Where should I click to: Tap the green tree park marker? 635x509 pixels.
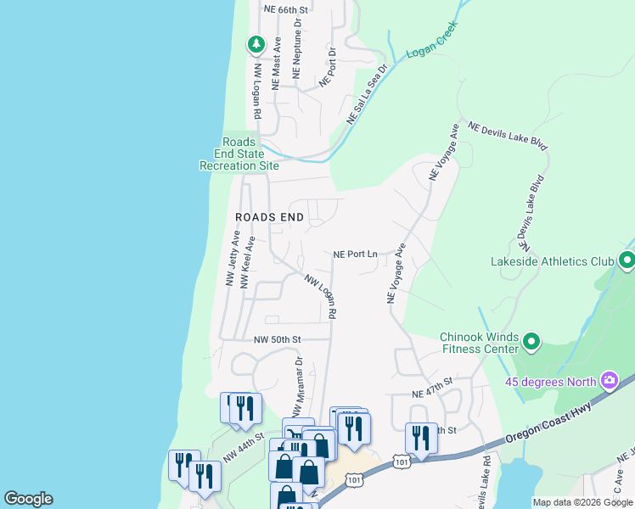(255, 44)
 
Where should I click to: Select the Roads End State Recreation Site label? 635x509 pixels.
(239, 154)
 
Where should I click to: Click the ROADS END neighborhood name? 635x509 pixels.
(269, 217)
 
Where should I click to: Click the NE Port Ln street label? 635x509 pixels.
(355, 254)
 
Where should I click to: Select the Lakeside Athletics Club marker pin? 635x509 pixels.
(627, 261)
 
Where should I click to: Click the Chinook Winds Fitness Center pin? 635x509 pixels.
(531, 342)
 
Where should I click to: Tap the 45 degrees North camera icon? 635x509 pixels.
(609, 381)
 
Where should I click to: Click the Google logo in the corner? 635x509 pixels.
(28, 499)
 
